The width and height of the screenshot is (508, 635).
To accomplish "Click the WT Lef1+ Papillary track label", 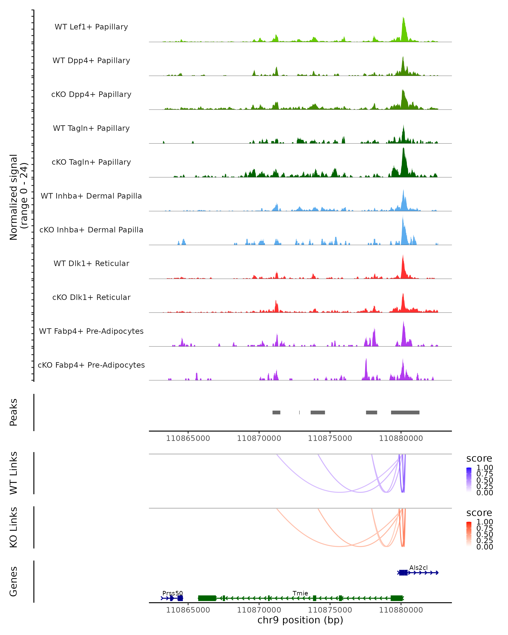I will tap(91, 27).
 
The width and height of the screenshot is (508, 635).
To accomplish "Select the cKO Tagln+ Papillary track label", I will tap(91, 162).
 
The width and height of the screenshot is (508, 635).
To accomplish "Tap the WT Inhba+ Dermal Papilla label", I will tap(91, 196).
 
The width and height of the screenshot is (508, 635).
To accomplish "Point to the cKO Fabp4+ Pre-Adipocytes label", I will tap(91, 365).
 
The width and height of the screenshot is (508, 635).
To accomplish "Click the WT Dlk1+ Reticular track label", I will tap(91, 263).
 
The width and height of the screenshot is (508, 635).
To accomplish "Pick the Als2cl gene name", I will tap(418, 567).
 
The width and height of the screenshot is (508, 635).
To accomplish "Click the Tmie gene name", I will tap(300, 593).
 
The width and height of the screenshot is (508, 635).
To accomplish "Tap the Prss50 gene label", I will tap(173, 593).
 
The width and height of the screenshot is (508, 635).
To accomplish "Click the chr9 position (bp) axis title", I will tap(300, 620).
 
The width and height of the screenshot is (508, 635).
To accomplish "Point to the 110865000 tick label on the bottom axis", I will tap(188, 610).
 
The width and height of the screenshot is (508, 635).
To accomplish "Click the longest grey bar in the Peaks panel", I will tap(405, 412).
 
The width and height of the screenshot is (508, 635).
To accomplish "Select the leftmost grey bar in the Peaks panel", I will tap(276, 412).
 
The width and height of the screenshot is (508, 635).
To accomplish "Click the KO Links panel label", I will tap(14, 527).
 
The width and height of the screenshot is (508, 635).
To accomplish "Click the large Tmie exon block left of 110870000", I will tap(207, 598).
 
